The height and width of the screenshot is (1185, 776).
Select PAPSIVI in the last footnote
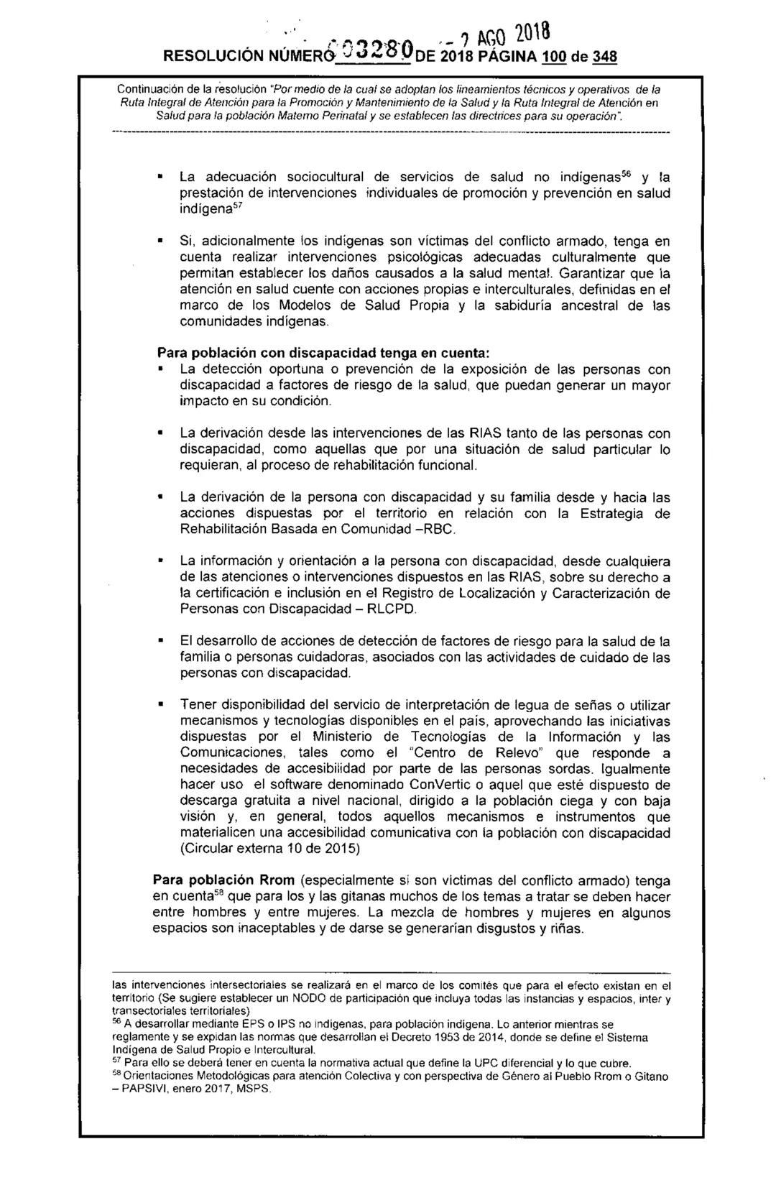[149, 1088]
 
